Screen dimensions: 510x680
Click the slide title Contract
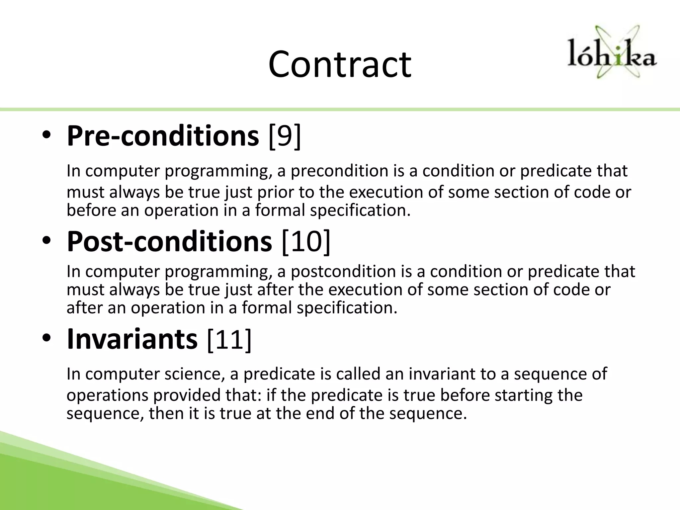point(340,64)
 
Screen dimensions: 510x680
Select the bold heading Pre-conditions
point(163,136)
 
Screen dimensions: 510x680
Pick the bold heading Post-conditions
point(169,241)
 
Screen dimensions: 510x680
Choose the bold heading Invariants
point(132,339)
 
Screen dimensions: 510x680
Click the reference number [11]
point(229,339)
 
